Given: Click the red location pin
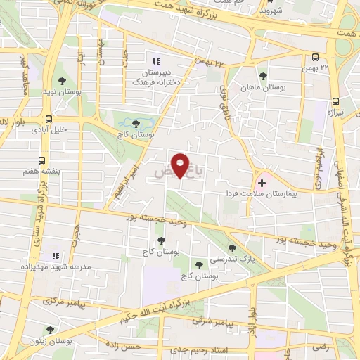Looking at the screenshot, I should coord(181,165).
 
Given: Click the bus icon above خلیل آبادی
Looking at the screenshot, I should coord(49,119).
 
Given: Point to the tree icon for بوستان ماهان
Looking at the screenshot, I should coord(263,76).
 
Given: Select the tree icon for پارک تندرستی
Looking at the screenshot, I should coord(233,247).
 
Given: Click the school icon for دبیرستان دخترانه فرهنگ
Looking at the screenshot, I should coord(155,61).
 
